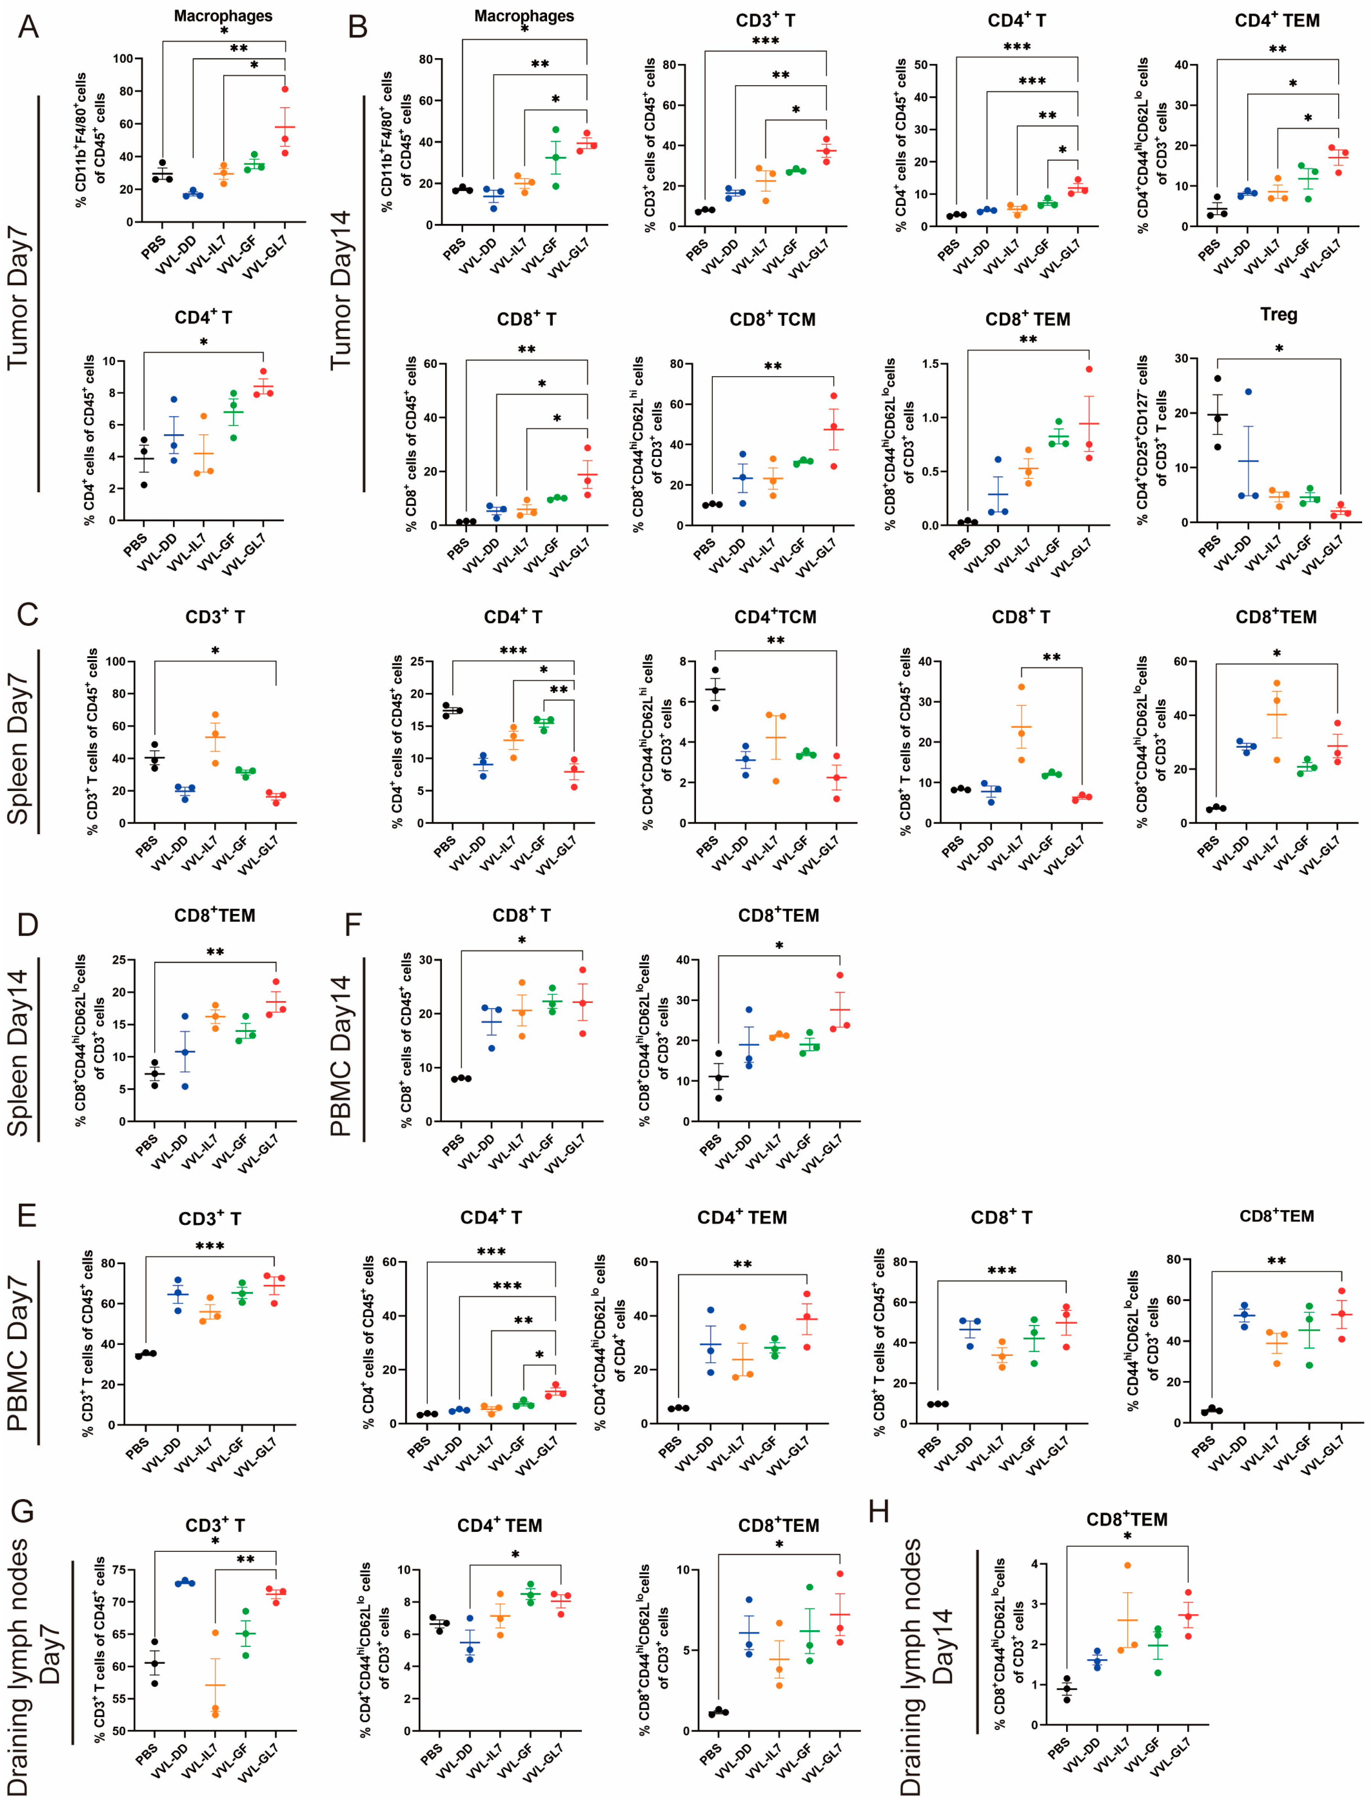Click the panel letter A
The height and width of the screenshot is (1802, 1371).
(x=29, y=27)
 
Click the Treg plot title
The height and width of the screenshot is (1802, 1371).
(x=1278, y=315)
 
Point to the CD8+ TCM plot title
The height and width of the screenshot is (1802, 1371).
(x=772, y=320)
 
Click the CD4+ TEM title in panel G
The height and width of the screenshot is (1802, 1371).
(x=499, y=1525)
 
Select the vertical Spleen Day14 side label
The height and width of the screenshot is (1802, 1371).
(x=18, y=1052)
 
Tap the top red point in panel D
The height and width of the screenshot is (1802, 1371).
(x=276, y=982)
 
